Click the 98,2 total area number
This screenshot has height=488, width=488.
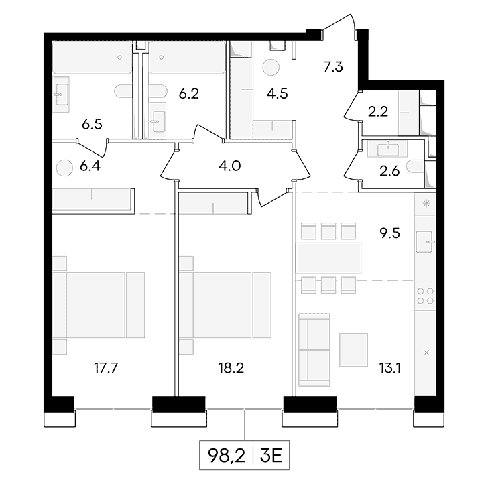(x=227, y=456)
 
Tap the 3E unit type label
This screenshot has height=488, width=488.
(x=271, y=456)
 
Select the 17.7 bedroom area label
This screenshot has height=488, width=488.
(x=106, y=368)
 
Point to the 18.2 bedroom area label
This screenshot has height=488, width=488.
(x=231, y=368)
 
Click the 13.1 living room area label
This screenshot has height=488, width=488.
(x=389, y=368)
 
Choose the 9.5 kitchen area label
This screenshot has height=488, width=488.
(x=389, y=233)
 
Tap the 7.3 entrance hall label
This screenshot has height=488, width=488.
(x=333, y=67)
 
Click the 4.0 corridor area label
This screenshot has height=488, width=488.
(x=230, y=166)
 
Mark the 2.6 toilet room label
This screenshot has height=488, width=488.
(x=389, y=171)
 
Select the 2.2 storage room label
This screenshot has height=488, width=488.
(x=378, y=111)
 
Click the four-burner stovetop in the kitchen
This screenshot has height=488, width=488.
(x=426, y=296)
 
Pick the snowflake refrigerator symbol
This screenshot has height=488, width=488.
(x=426, y=204)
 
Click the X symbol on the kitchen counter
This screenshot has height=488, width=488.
(x=426, y=353)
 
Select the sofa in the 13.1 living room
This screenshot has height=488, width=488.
(x=314, y=349)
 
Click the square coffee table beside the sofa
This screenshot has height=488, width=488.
(x=353, y=349)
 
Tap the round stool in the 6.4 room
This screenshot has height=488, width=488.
(x=64, y=168)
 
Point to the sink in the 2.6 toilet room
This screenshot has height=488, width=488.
(x=387, y=149)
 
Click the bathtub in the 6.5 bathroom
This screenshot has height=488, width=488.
(x=92, y=58)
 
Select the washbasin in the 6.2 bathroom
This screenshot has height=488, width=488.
(x=159, y=121)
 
